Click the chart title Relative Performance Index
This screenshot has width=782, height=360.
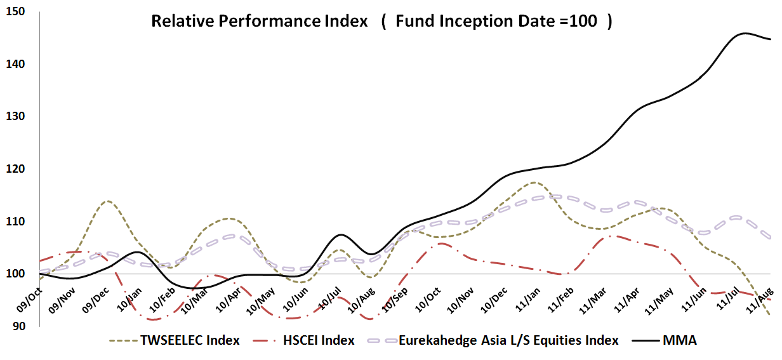tap(260, 21)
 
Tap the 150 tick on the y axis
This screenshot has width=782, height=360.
tap(15, 11)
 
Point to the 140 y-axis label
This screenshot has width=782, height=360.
tap(15, 64)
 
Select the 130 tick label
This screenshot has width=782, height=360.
tap(15, 116)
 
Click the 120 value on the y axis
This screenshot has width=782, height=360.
tap(15, 169)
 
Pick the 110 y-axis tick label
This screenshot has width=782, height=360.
tap(15, 222)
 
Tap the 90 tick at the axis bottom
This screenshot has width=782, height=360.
tap(19, 326)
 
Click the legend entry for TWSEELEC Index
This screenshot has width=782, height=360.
tap(175, 340)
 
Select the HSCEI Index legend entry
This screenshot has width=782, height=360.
tap(303, 340)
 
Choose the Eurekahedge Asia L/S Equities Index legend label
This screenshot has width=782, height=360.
tap(493, 340)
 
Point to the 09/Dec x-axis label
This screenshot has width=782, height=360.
tap(96, 300)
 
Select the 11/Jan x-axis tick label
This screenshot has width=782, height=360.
tap(528, 299)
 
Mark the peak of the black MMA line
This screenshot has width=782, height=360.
tap(745, 34)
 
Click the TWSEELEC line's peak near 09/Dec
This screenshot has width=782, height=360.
tap(108, 201)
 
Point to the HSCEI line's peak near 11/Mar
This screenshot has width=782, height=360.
tap(609, 236)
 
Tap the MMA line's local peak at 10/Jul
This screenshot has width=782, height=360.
tap(341, 235)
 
